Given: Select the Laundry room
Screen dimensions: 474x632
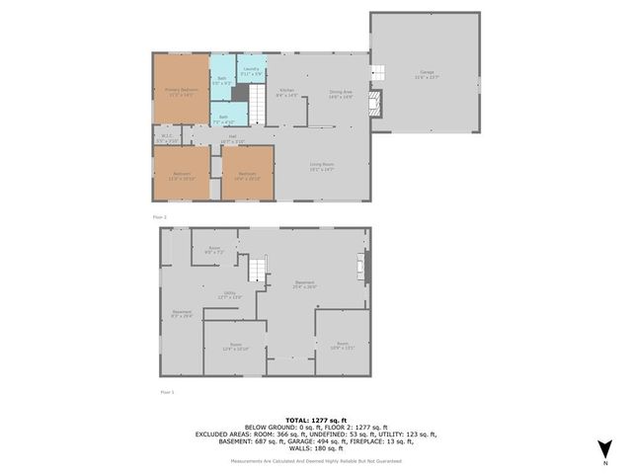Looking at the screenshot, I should click(x=251, y=70).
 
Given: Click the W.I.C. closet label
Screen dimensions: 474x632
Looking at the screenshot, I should click(x=165, y=140).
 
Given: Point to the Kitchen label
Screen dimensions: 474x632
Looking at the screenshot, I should click(x=286, y=95).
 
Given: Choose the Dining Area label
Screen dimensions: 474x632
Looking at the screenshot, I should click(x=342, y=95).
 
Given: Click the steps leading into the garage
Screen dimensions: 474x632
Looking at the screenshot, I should click(x=376, y=73).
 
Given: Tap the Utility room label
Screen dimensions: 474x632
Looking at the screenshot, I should click(x=229, y=295).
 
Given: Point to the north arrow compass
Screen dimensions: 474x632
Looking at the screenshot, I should click(x=604, y=451).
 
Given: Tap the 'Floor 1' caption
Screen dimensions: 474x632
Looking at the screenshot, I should click(x=167, y=392).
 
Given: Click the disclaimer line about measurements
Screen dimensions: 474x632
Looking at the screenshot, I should click(x=316, y=461).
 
